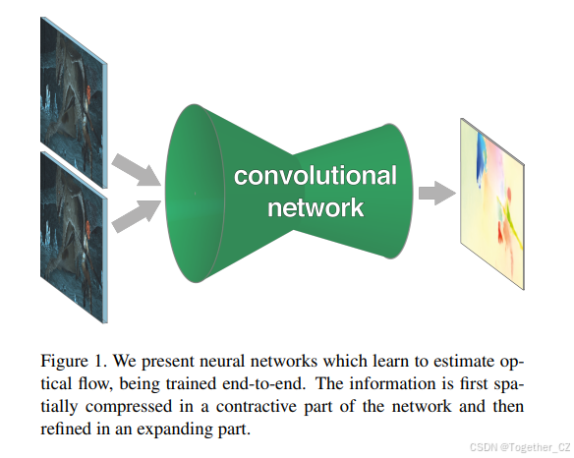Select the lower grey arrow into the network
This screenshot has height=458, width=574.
[135, 213]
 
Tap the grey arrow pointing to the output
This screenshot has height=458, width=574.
[432, 192]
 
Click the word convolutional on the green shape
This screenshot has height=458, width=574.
[315, 177]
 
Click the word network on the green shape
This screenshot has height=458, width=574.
[315, 206]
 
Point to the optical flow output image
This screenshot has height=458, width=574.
[496, 187]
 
